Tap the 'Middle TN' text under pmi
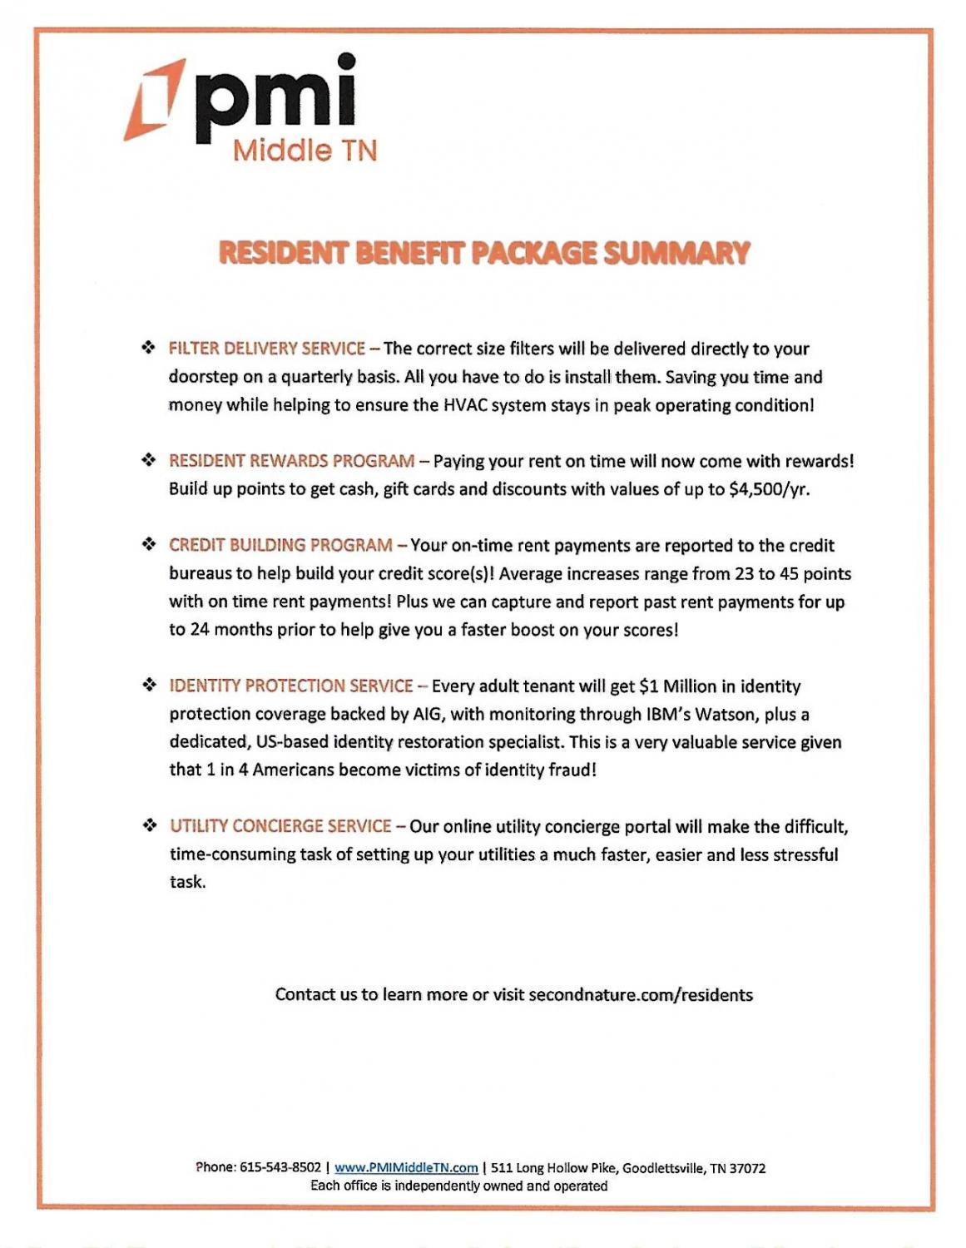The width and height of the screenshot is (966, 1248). [305, 151]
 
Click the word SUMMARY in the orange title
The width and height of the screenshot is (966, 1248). [676, 253]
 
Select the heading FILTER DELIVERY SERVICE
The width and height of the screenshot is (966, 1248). [267, 349]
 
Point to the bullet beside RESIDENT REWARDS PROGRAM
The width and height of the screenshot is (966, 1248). [149, 460]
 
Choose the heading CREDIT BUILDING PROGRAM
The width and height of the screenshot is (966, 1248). [280, 545]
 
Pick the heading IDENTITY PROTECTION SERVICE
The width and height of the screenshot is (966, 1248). [291, 686]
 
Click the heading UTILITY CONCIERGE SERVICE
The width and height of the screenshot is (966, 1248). [280, 826]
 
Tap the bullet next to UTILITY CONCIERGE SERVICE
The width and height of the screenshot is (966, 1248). [150, 825]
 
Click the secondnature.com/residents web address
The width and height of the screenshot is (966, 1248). [641, 995]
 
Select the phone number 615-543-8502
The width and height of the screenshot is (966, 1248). [280, 1167]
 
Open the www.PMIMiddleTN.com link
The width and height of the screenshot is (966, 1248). [406, 1167]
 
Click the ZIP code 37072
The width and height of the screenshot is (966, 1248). [747, 1168]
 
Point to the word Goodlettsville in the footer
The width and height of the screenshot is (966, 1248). [661, 1168]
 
